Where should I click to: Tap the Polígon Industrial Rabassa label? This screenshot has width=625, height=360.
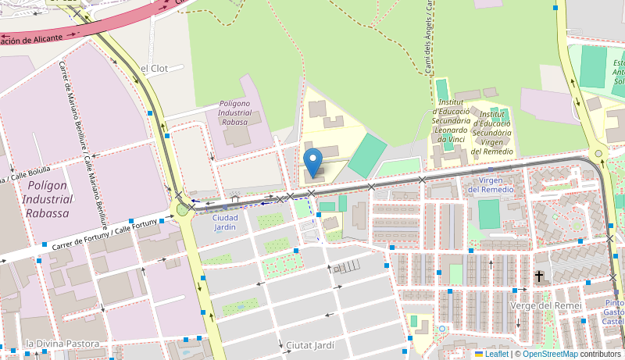click(48, 199)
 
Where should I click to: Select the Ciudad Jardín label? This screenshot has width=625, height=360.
click(224, 223)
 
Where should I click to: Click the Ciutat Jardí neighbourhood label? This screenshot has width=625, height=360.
click(310, 344)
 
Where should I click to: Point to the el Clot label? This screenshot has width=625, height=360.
click(153, 69)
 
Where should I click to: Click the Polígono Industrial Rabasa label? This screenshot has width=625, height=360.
click(235, 112)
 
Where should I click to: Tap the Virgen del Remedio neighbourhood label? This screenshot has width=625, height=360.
click(491, 184)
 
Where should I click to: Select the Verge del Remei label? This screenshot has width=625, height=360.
click(545, 305)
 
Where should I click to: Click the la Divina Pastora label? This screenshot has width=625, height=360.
click(62, 344)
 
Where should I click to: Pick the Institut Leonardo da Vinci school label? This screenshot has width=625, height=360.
click(452, 123)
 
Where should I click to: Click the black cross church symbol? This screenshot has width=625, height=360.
click(539, 276)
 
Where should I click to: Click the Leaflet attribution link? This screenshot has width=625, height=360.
click(491, 355)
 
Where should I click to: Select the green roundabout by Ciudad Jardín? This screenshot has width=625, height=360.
click(183, 209)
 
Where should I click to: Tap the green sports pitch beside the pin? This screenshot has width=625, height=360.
click(367, 155)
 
